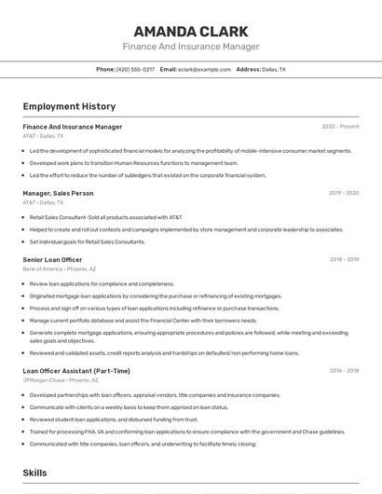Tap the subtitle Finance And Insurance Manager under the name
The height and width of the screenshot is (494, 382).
tap(191, 47)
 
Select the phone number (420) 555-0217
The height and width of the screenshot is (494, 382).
tap(136, 70)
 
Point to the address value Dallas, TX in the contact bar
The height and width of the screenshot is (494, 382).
tap(274, 70)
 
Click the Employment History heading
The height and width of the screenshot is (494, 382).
tap(69, 106)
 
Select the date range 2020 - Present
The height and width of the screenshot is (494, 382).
tap(340, 127)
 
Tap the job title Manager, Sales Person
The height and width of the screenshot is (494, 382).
tap(58, 193)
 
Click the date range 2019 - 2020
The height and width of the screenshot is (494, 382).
tap(344, 193)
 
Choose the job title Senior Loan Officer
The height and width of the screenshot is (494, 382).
tap(52, 260)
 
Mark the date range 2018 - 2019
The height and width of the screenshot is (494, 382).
tap(344, 260)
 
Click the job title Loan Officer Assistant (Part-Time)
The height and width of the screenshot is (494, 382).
tap(76, 371)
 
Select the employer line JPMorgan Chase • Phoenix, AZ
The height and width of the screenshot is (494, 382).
tap(61, 379)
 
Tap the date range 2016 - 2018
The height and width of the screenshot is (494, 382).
tap(344, 371)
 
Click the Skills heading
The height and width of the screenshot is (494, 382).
tap(35, 473)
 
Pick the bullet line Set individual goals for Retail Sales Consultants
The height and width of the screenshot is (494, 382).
tap(88, 241)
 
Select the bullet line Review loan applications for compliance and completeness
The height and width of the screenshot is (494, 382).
tap(102, 283)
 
